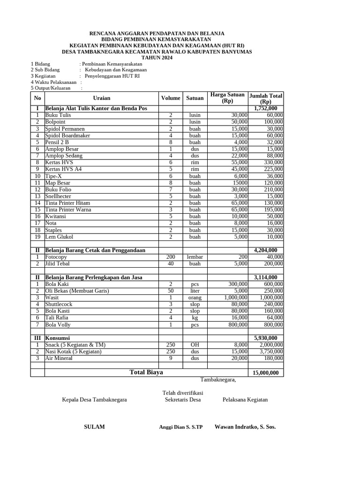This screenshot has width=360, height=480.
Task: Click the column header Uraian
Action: [x=102, y=98]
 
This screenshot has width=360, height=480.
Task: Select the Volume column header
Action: [x=171, y=98]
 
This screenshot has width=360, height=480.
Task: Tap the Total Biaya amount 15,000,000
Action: [x=265, y=373]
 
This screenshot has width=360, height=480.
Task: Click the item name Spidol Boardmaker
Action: [x=67, y=135]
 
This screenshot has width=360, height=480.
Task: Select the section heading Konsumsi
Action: [x=58, y=338]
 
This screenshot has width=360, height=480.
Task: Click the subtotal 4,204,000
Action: [x=265, y=250]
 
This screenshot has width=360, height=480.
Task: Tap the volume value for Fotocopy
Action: [x=171, y=257]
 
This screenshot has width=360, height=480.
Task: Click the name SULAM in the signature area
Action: [x=94, y=427]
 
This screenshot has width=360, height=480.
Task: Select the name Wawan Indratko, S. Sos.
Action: [x=245, y=427]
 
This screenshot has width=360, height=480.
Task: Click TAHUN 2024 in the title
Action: [x=157, y=58]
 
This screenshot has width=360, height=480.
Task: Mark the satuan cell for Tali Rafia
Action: [x=195, y=318]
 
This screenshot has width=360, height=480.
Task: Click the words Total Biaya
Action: [x=147, y=372]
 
